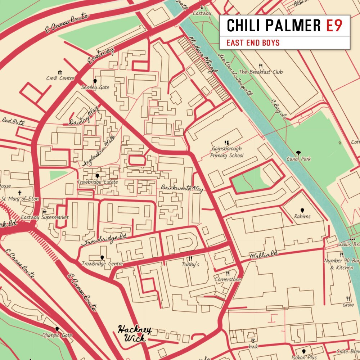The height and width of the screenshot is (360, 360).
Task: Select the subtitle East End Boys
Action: [253, 43]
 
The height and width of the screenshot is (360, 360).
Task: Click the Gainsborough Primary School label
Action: [227, 152]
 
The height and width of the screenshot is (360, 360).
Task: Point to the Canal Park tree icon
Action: [298, 153]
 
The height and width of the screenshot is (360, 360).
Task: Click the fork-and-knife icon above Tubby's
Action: [190, 258]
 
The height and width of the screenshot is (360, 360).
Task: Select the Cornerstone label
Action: [228, 279]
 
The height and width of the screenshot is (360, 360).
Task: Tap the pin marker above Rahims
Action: [302, 210]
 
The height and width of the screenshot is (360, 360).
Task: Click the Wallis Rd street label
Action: [264, 255]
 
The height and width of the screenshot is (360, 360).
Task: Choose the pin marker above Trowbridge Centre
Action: [102, 257]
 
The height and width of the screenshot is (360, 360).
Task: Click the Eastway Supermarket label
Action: [45, 217]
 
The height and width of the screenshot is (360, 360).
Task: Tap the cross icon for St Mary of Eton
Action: [20, 193]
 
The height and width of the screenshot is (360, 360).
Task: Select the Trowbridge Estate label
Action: [97, 182]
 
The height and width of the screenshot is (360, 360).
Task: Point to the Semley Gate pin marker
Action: [95, 81]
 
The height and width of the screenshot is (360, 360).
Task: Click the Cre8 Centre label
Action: [60, 78]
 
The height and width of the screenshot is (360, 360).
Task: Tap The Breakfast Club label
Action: [261, 72]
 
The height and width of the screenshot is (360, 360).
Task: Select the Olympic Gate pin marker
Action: [57, 329]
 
